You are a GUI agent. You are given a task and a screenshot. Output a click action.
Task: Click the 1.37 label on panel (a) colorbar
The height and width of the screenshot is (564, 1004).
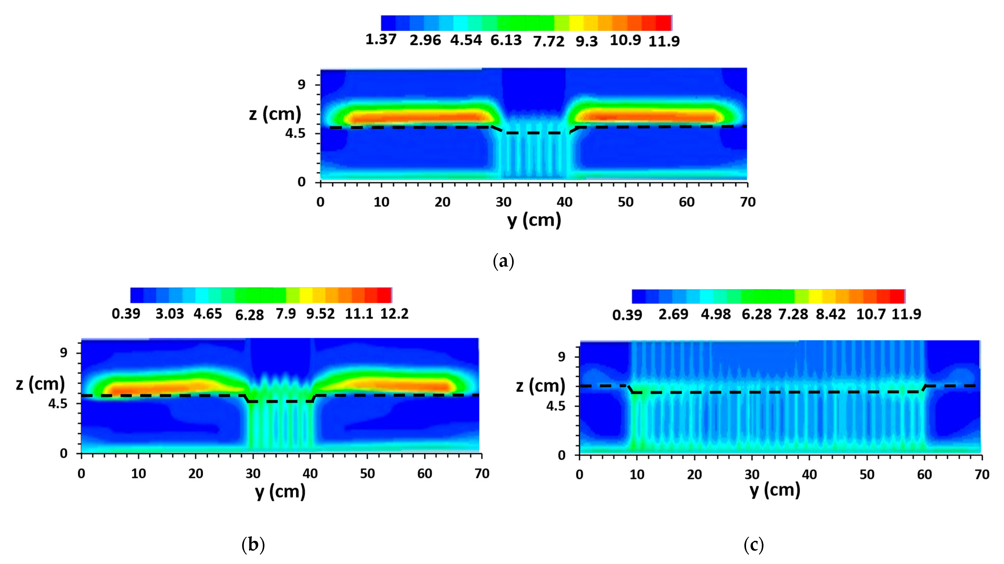pyautogui.click(x=381, y=39)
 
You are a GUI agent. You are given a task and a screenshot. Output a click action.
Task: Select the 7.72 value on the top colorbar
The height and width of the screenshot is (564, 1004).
pyautogui.click(x=548, y=41)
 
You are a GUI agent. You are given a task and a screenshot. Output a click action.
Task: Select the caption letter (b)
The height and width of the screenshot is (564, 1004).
pyautogui.click(x=253, y=545)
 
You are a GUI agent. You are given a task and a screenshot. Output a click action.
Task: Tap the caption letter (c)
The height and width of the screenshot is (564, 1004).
pyautogui.click(x=753, y=545)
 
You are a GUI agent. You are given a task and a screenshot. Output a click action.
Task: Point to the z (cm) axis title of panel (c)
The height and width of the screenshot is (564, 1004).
pyautogui.click(x=541, y=386)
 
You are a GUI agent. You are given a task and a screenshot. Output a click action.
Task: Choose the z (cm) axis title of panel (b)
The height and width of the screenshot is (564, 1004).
pyautogui.click(x=40, y=384)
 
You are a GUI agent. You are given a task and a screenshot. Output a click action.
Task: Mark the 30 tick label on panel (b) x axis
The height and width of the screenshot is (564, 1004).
pyautogui.click(x=253, y=474)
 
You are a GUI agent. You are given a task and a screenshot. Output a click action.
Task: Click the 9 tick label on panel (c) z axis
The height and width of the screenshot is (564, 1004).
pyautogui.click(x=562, y=356)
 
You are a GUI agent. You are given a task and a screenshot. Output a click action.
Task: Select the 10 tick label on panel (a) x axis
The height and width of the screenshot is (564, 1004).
pyautogui.click(x=381, y=202)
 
